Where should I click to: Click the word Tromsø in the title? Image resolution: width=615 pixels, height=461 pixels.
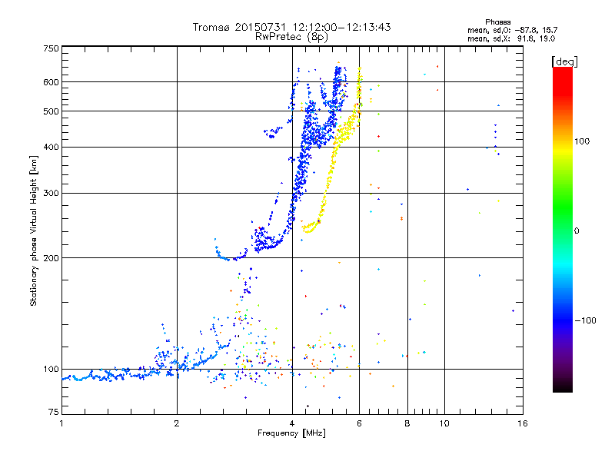212,27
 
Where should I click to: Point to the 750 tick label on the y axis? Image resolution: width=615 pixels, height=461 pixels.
51,48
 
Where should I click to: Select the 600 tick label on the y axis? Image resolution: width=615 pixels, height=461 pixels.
51,81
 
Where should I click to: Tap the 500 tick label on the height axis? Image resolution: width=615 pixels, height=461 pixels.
51,111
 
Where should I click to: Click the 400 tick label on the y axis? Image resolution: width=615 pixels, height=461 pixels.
51,147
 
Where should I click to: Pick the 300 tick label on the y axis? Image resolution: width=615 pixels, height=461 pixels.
51,193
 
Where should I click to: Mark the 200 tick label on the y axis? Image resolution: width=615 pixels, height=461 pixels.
51,257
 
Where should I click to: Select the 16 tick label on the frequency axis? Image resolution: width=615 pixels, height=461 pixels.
521,423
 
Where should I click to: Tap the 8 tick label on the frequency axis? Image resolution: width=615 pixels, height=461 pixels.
407,423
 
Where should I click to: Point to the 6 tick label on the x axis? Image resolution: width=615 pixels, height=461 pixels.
359,423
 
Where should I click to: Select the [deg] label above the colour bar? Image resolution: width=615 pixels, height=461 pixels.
564,61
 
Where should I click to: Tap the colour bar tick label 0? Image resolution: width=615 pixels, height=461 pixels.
577,230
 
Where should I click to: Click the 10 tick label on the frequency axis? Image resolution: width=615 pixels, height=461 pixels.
444,423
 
